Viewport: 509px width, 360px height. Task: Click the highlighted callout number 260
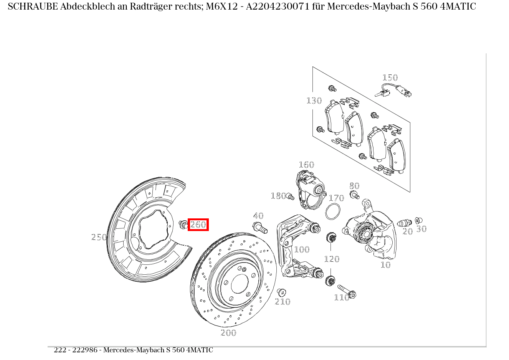[198, 225]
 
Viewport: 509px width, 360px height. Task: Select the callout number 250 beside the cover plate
[99, 237]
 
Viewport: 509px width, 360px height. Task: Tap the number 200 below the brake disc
[228, 333]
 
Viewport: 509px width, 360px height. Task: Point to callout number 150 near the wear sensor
[390, 78]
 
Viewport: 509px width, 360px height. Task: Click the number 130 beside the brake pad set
[314, 101]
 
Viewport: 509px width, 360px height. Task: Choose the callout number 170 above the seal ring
[336, 198]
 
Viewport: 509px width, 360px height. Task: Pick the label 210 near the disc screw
[283, 302]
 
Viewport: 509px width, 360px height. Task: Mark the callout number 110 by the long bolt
[341, 297]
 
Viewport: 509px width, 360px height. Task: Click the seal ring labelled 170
[333, 212]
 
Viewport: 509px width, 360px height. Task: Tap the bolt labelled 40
[260, 228]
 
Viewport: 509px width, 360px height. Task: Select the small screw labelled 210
[281, 292]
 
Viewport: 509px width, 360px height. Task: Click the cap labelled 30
[419, 221]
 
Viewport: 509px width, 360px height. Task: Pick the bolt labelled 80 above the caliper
[354, 195]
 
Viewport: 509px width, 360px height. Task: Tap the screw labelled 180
[291, 197]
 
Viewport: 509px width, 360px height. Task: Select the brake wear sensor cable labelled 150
[392, 91]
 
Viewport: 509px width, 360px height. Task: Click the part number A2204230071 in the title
[279, 7]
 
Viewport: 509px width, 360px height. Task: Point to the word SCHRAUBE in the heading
[33, 7]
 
